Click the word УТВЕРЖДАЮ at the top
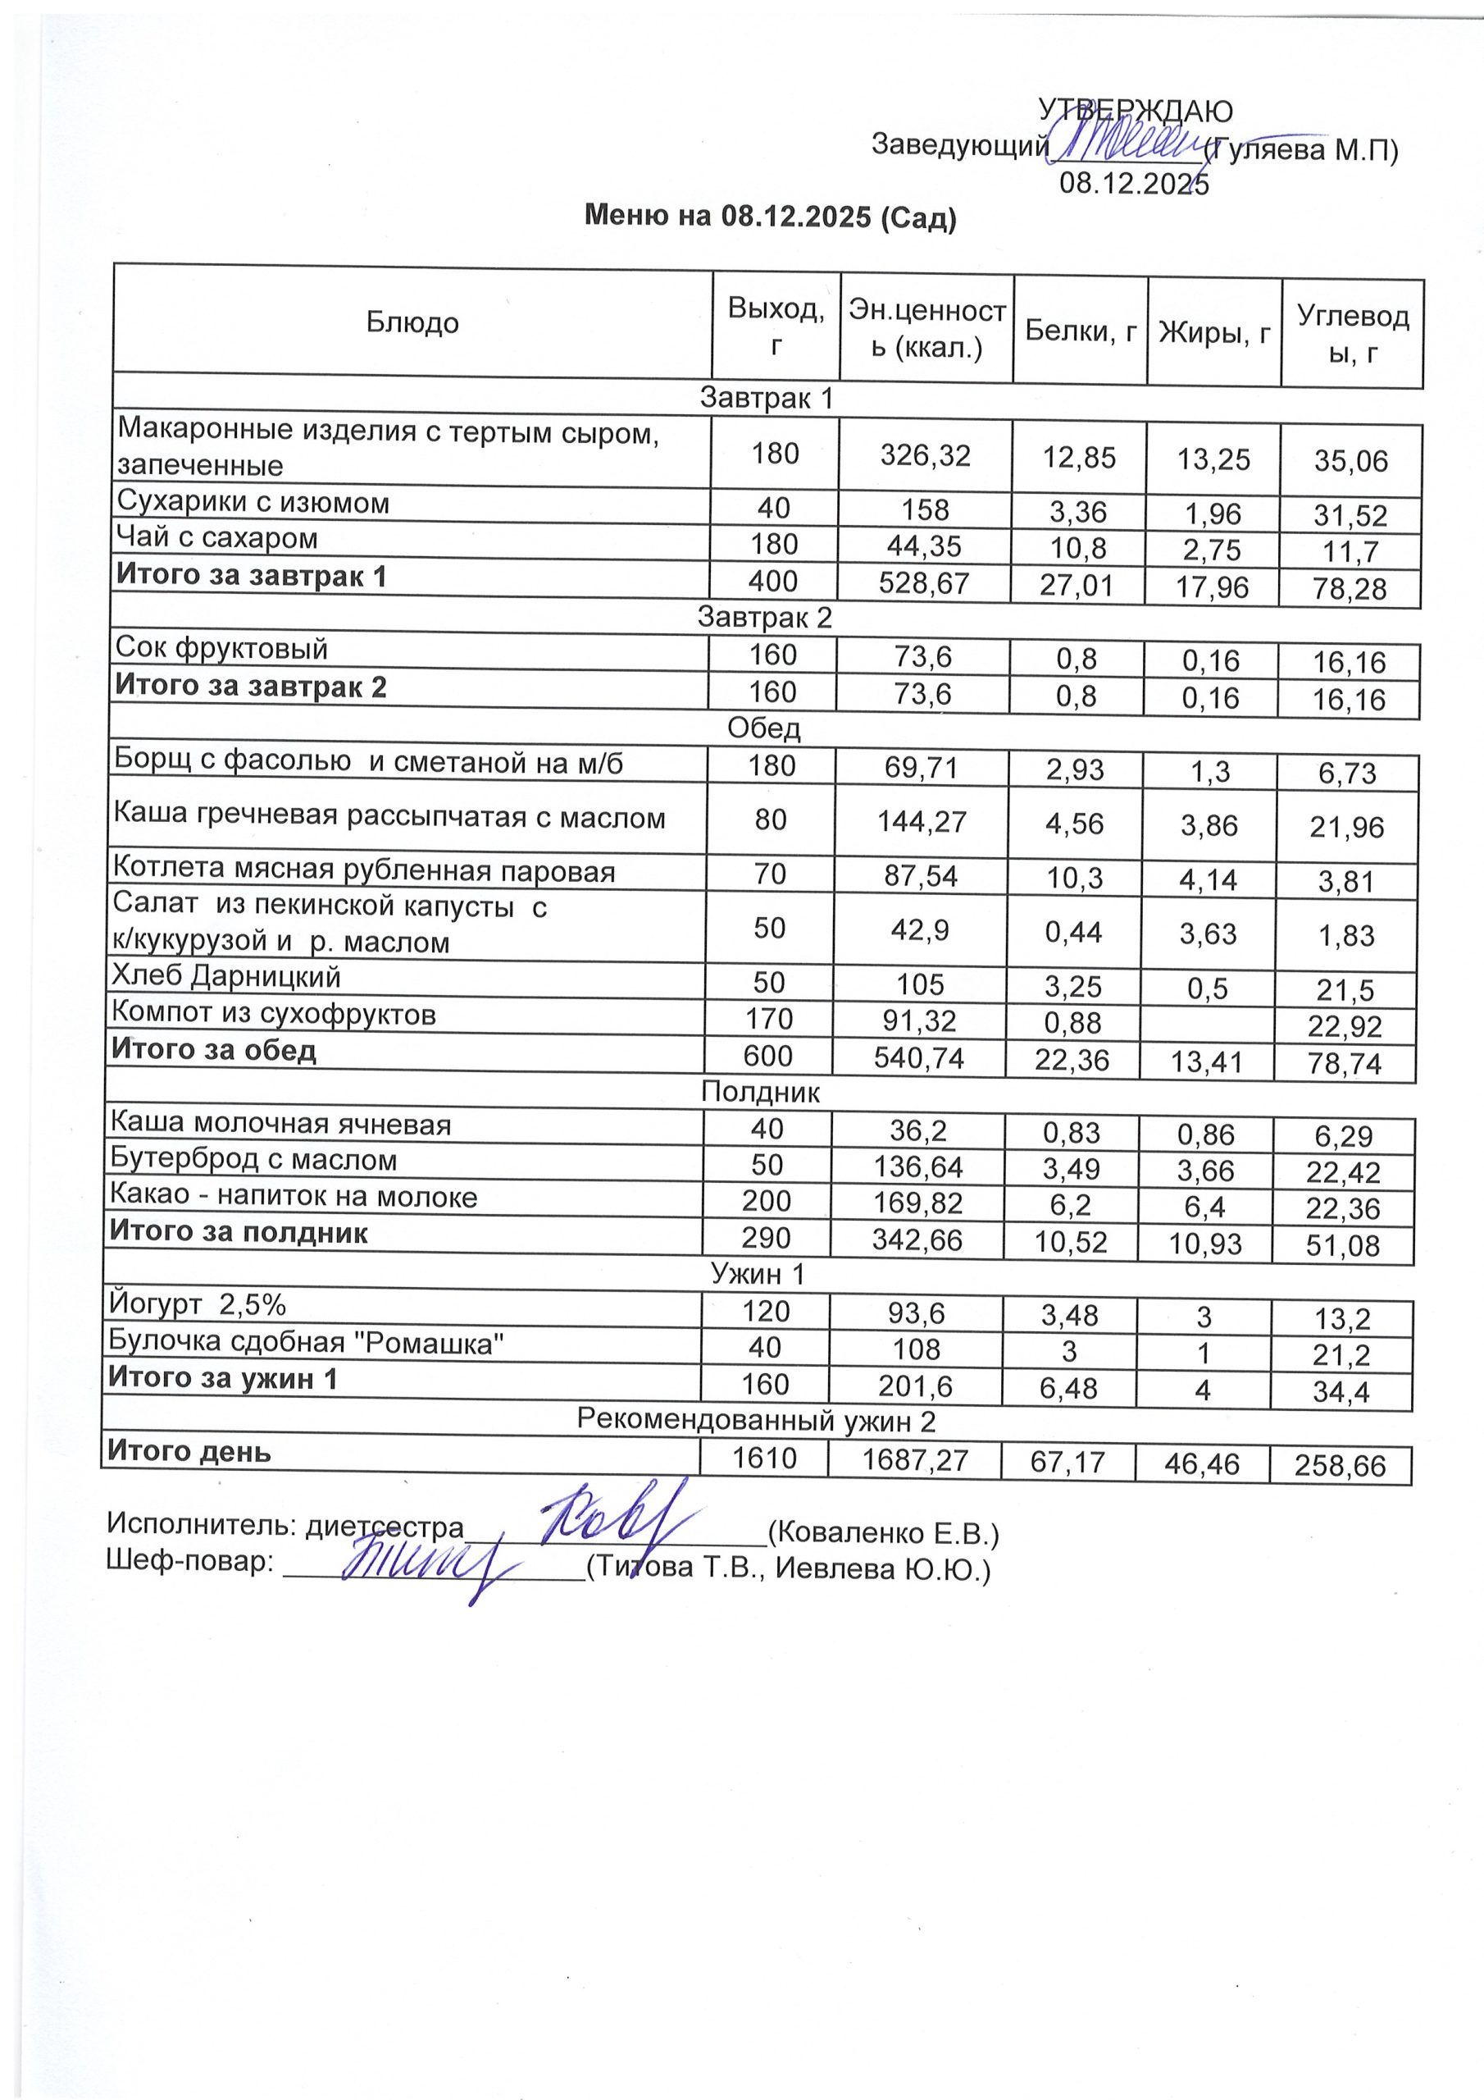coord(1135,112)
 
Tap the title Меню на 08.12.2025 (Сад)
coord(770,217)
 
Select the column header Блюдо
coord(412,322)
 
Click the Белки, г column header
coord(1080,331)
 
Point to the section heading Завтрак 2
coord(764,618)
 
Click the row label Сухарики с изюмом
coord(253,503)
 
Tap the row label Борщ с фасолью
coord(367,762)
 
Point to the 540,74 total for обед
coord(919,1058)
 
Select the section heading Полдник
coord(760,1092)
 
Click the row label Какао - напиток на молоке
coord(294,1196)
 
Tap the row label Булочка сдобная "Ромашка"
coord(307,1342)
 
